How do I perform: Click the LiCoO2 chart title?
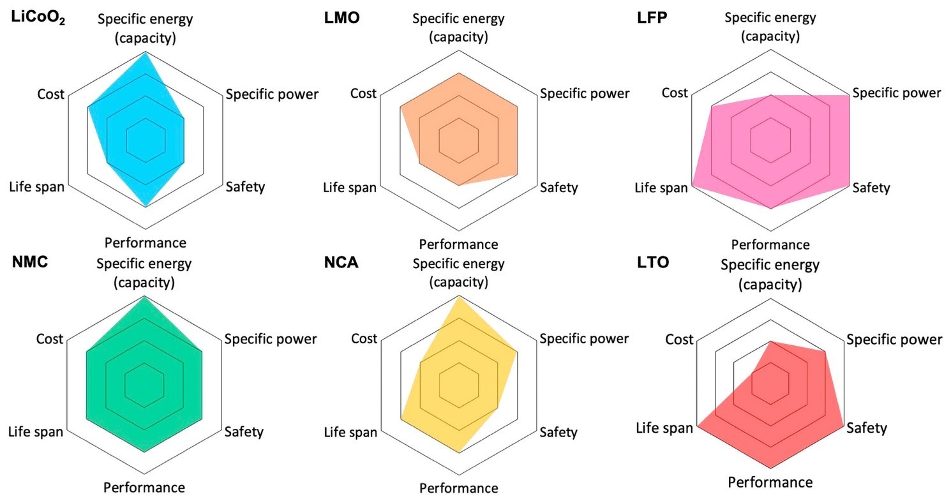(38, 19)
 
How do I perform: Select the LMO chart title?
(341, 18)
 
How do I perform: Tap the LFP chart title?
(652, 18)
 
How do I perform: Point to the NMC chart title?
(30, 263)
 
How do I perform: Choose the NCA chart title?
(341, 263)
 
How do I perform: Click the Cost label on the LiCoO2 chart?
(51, 94)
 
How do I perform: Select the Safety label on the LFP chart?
(871, 188)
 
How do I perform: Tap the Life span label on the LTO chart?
(664, 428)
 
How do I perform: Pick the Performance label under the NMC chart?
(144, 488)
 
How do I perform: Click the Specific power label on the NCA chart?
(584, 339)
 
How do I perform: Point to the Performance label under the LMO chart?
(458, 244)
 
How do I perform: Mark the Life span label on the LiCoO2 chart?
(36, 187)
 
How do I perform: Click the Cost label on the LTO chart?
(679, 340)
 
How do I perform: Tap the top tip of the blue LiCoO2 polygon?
(146, 54)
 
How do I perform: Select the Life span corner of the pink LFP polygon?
(693, 185)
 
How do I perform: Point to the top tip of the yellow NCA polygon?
(459, 297)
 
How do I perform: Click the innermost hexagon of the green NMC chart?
(145, 384)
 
